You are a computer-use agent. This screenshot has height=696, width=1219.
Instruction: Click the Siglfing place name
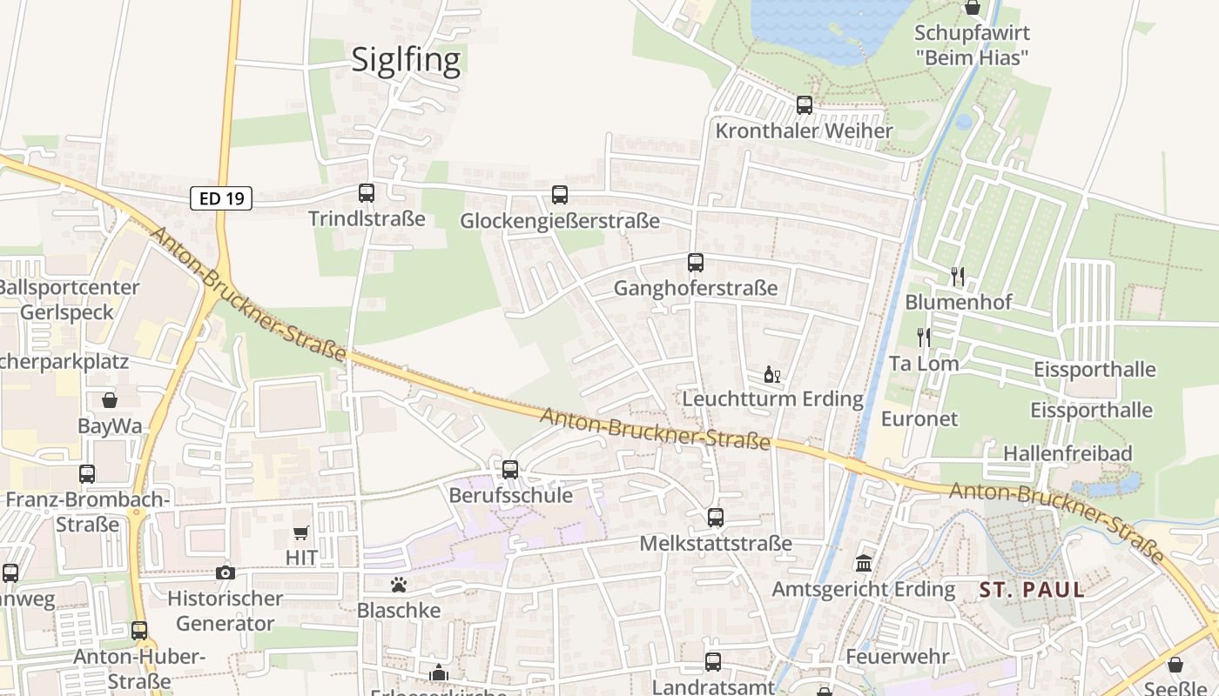[406, 59]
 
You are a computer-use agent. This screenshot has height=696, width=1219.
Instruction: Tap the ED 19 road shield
[221, 198]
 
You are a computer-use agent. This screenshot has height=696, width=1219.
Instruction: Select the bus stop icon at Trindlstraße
[367, 193]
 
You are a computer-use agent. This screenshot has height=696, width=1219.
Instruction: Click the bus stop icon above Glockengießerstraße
[560, 195]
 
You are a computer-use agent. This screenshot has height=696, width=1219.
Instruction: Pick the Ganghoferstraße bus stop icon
[695, 262]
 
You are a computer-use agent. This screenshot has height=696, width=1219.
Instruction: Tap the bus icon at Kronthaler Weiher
[805, 105]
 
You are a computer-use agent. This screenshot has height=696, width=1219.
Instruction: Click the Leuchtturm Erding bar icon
[771, 375]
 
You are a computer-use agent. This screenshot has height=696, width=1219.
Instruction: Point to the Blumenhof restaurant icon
[958, 277]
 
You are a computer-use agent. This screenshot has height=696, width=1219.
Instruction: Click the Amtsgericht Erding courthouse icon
[864, 564]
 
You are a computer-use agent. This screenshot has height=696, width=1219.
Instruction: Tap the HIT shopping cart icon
[301, 532]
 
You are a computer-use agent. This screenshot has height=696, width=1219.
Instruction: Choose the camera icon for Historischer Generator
[226, 572]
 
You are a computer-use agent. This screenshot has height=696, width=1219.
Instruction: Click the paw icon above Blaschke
[399, 585]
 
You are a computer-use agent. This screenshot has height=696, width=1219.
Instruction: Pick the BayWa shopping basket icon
[110, 400]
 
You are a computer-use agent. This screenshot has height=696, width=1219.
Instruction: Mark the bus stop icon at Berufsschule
[510, 470]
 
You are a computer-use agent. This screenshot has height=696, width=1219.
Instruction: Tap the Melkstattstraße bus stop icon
[716, 518]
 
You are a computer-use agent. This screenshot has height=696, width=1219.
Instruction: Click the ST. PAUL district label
[1032, 590]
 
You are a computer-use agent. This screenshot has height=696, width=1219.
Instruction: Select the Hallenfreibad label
[1067, 453]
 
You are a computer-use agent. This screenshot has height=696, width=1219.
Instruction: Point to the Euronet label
[919, 418]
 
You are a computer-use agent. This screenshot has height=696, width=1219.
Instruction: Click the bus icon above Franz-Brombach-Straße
[87, 474]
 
